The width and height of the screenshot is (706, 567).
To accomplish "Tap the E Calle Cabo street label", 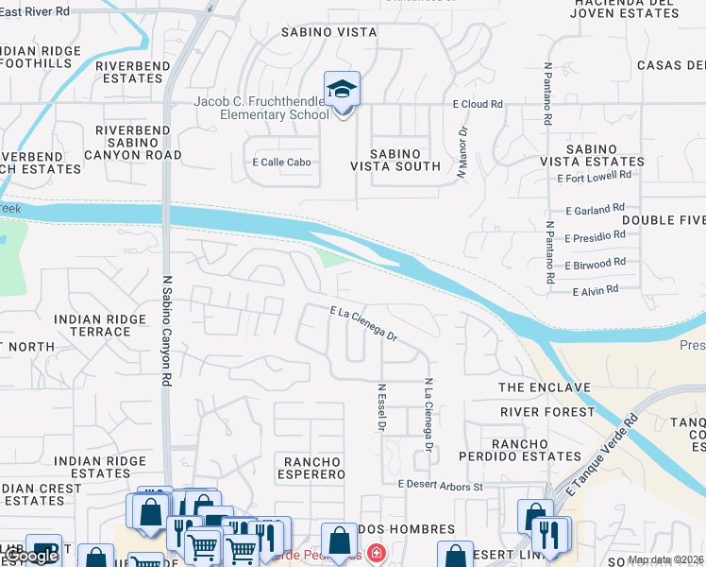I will [x=281, y=163].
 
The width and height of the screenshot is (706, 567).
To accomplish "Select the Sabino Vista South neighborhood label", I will [x=395, y=159].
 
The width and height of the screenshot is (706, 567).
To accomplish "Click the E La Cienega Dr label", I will [x=363, y=323].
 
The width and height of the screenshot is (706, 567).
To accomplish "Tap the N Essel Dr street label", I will [x=382, y=407].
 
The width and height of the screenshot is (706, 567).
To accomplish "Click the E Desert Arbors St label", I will [x=440, y=485].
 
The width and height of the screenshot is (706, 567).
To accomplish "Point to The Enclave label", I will [x=544, y=387].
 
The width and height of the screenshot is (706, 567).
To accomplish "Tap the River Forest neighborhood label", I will [x=546, y=412].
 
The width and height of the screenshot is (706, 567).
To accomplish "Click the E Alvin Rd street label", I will [x=596, y=291].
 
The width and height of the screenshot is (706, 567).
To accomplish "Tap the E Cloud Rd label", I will [x=478, y=104].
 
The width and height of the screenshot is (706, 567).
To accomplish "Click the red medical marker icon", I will [x=376, y=553].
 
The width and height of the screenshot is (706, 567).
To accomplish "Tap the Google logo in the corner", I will [x=30, y=557].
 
